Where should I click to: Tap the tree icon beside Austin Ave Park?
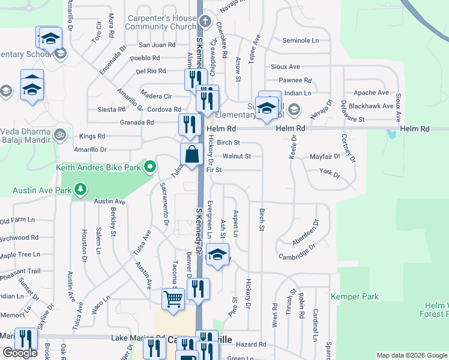[80, 191]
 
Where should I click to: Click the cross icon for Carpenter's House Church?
[205, 22]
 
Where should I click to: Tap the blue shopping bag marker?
[191, 154]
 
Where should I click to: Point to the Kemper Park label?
[355, 296]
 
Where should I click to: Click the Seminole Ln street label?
[300, 40]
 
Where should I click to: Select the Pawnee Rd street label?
[294, 80]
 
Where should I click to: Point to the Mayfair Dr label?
[325, 157]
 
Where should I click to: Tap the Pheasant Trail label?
[20, 271]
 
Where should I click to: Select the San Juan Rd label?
[157, 45]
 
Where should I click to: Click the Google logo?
[20, 353]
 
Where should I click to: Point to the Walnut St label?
[236, 156]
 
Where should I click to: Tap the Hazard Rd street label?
[251, 344]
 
